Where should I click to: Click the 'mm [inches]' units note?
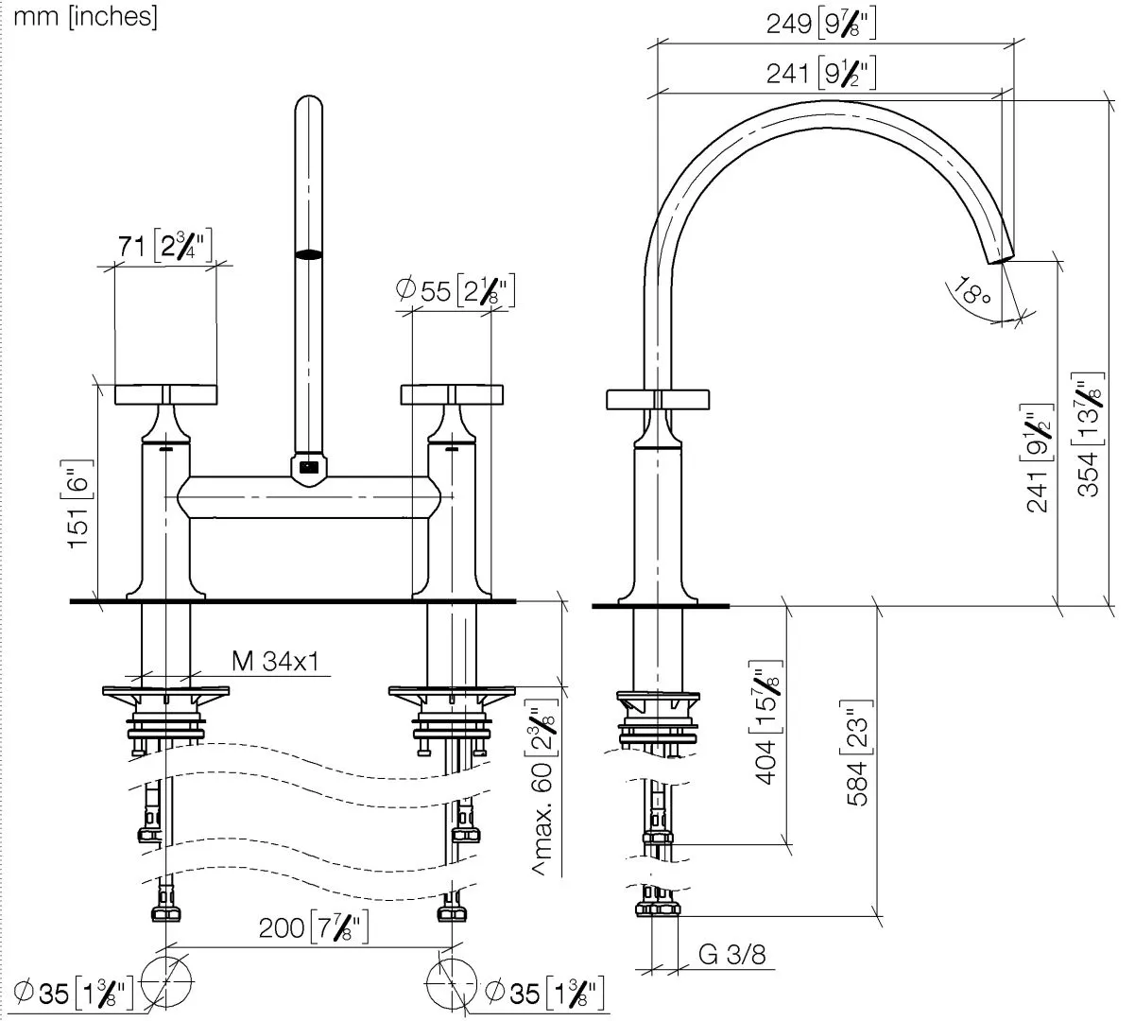pyautogui.click(x=86, y=16)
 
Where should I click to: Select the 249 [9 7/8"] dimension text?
pyautogui.click(x=820, y=25)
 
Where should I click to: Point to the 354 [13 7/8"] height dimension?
pyautogui.click(x=1090, y=435)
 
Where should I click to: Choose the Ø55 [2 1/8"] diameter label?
pyautogui.click(x=455, y=290)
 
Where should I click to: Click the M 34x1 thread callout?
pyautogui.click(x=275, y=660)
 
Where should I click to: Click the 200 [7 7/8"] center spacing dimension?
pyautogui.click(x=313, y=928)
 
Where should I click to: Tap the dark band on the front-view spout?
pyautogui.click(x=308, y=253)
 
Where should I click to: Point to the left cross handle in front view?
pyautogui.click(x=166, y=395)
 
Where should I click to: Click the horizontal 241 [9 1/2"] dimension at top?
pyautogui.click(x=820, y=73)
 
